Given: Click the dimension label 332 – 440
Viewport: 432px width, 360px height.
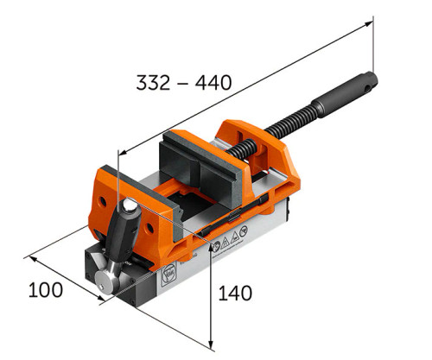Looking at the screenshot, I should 183,83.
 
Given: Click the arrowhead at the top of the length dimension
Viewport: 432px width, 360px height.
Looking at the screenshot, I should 374,22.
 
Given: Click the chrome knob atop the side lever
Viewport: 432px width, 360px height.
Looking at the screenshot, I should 129,207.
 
